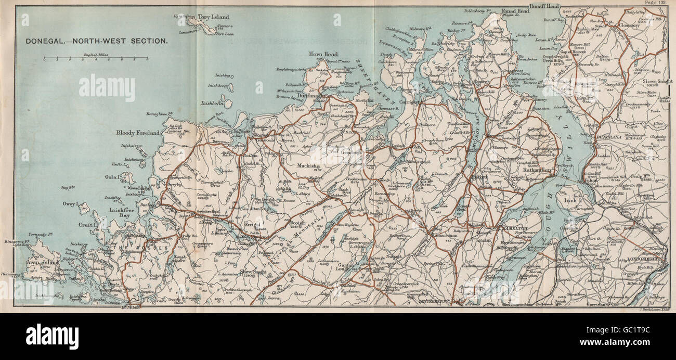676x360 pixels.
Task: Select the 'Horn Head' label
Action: point(323,54)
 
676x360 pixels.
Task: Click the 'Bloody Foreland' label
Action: point(138,133)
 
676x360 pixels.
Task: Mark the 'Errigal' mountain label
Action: point(251,224)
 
